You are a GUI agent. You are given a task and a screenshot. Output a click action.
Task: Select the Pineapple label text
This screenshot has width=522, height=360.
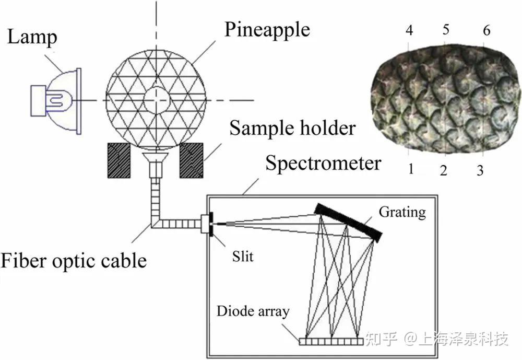267,29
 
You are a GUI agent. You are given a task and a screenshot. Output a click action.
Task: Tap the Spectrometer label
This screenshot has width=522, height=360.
323,163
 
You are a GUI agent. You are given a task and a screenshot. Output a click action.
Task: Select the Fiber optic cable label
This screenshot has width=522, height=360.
73,260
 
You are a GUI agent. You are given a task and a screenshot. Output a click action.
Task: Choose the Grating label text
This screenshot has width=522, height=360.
402,212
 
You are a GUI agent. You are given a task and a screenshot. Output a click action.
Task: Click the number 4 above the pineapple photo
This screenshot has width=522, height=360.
409,30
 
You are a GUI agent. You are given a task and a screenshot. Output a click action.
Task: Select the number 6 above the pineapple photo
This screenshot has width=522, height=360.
487,30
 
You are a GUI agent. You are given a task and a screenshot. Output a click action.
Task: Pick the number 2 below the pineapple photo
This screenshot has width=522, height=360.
444,170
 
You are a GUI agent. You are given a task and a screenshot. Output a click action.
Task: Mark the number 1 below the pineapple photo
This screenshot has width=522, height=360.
411,169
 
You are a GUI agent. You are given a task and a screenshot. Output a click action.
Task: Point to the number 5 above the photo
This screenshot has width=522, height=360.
445,29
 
